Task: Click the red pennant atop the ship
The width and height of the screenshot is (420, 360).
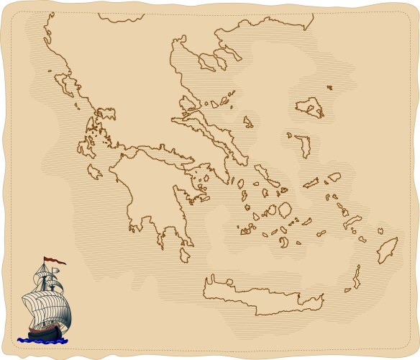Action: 53,260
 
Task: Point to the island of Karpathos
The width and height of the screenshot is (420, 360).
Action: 356,276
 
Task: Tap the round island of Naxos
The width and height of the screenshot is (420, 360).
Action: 285,210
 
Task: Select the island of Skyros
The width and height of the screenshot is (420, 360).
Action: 248,122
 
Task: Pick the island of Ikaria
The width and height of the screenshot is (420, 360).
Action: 310,183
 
